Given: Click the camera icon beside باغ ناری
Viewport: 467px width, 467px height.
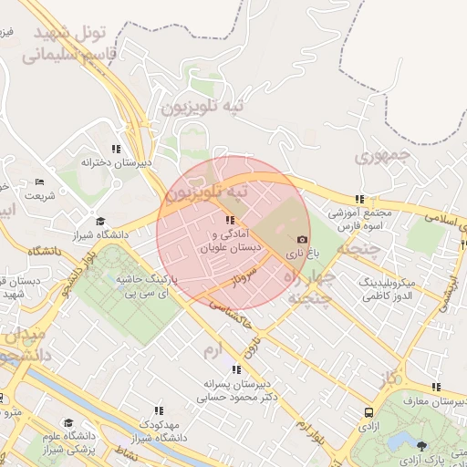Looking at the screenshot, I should click(x=302, y=240).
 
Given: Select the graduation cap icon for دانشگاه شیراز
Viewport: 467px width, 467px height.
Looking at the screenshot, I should click(x=100, y=221).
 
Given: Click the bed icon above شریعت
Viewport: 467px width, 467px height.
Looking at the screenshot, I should click(x=38, y=182).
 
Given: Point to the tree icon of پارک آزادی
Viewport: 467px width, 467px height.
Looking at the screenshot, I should click(x=420, y=445).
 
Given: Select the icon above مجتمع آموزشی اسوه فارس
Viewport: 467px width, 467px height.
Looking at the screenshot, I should click(x=361, y=199).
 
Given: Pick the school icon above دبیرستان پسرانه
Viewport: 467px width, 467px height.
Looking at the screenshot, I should click(x=237, y=369).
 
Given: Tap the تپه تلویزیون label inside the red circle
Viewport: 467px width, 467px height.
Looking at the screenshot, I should click(x=206, y=193).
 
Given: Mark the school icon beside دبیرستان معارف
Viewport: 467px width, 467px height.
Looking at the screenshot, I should click(x=437, y=388).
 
